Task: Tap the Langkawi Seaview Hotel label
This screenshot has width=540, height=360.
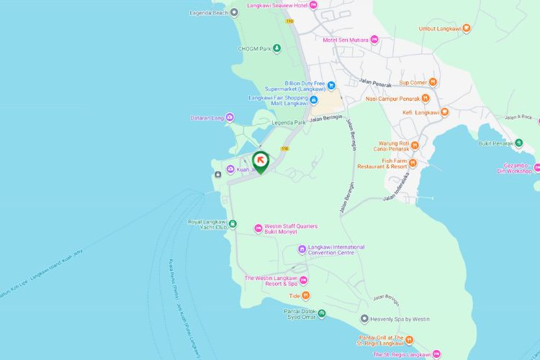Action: pyautogui.click(x=276, y=5)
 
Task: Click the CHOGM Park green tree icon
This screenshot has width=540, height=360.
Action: pyautogui.click(x=276, y=48)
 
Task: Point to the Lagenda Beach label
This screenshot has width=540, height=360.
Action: pyautogui.click(x=209, y=12)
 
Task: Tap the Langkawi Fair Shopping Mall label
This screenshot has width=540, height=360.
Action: pyautogui.click(x=279, y=100)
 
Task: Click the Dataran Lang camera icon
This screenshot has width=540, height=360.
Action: pyautogui.click(x=230, y=117)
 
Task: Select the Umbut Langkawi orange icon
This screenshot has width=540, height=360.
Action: pyautogui.click(x=467, y=29)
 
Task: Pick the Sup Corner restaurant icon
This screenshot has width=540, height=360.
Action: pyautogui.click(x=433, y=82)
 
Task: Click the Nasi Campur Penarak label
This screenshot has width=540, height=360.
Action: pyautogui.click(x=392, y=99)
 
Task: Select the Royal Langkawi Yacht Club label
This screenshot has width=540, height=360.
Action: pyautogui.click(x=207, y=224)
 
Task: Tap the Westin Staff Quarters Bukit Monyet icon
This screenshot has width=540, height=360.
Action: pyautogui.click(x=258, y=228)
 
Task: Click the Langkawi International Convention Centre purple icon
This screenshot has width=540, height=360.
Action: pyautogui.click(x=302, y=250)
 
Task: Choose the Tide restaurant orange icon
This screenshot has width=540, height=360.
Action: pyautogui.click(x=305, y=295)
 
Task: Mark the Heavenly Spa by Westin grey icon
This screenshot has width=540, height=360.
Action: pyautogui.click(x=364, y=319)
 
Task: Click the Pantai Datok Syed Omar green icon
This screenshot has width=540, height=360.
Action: pyautogui.click(x=321, y=313)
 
